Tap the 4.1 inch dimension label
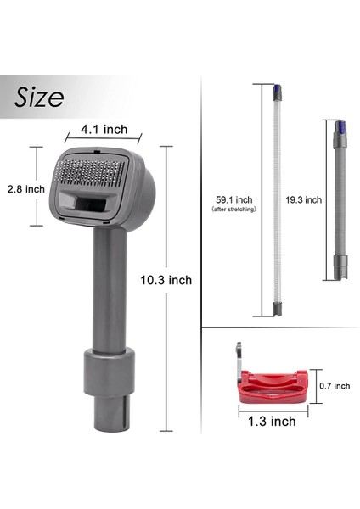(x=104, y=130)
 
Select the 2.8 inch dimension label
(x=23, y=189)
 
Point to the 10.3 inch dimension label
(x=167, y=280)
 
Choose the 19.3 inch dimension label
(x=302, y=200)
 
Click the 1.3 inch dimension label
(x=272, y=420)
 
